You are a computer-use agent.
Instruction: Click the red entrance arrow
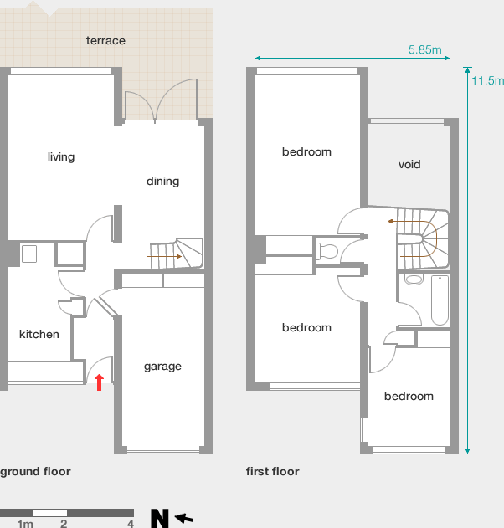click(x=99, y=382)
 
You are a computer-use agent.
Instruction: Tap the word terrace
click(x=105, y=40)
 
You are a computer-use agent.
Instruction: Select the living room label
click(x=61, y=157)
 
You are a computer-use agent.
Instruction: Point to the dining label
click(x=162, y=182)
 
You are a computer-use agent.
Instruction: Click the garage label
click(x=162, y=367)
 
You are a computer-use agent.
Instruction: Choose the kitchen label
click(x=39, y=334)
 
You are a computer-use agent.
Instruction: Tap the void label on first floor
click(x=409, y=164)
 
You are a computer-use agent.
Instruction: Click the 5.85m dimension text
click(x=424, y=49)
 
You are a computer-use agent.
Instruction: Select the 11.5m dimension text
click(x=487, y=81)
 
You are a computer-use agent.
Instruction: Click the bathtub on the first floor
click(x=440, y=300)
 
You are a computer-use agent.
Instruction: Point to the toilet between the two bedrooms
click(x=327, y=251)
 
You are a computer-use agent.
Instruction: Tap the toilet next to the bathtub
click(x=414, y=279)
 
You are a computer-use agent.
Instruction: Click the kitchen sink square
click(x=29, y=254)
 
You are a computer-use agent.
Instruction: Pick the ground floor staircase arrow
click(x=164, y=257)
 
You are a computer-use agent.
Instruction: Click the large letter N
click(x=159, y=519)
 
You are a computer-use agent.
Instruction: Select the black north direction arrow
click(x=184, y=518)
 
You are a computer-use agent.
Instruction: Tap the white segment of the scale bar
click(x=50, y=513)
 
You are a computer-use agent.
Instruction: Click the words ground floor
click(x=35, y=471)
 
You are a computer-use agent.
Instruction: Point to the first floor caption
click(x=273, y=471)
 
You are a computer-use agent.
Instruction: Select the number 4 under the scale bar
click(x=131, y=524)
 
